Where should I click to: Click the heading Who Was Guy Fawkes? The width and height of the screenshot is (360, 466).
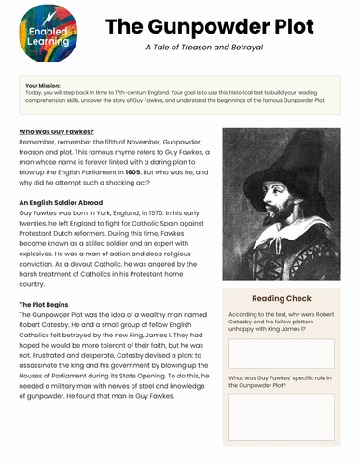(x=57, y=132)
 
